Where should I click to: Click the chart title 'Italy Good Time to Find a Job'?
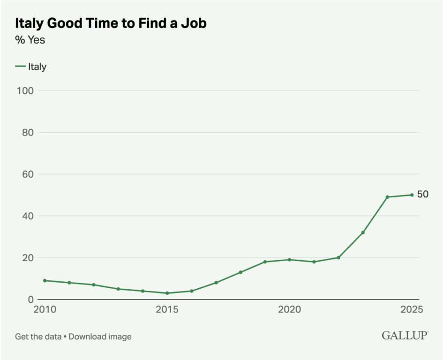(x=111, y=23)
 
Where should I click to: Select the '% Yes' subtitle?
(x=30, y=40)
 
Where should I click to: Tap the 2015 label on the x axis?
(x=167, y=310)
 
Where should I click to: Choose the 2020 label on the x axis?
(x=289, y=310)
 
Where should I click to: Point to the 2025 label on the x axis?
(x=411, y=310)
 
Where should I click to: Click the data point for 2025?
(x=412, y=195)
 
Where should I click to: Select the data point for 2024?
(x=387, y=197)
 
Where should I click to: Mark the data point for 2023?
(x=363, y=232)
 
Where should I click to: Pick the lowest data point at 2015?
(x=167, y=293)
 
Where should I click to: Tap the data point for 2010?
(x=45, y=280)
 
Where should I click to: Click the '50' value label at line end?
(x=423, y=195)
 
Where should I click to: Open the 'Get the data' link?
(x=38, y=337)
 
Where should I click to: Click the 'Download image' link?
(x=100, y=337)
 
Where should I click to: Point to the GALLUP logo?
(x=405, y=335)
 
